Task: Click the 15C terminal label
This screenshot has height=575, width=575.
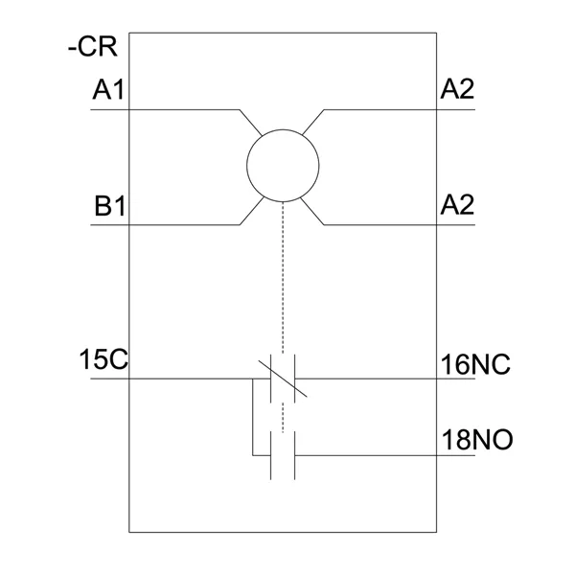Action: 104,363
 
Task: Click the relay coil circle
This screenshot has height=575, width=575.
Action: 283,165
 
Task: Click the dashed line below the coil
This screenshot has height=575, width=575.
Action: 283,278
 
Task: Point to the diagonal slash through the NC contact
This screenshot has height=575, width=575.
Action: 283,378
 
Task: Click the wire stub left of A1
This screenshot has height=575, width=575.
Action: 109,109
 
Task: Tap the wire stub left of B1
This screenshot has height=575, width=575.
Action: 109,224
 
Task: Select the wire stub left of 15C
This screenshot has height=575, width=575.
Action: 109,378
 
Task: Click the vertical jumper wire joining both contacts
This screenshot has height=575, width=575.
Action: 253,416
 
